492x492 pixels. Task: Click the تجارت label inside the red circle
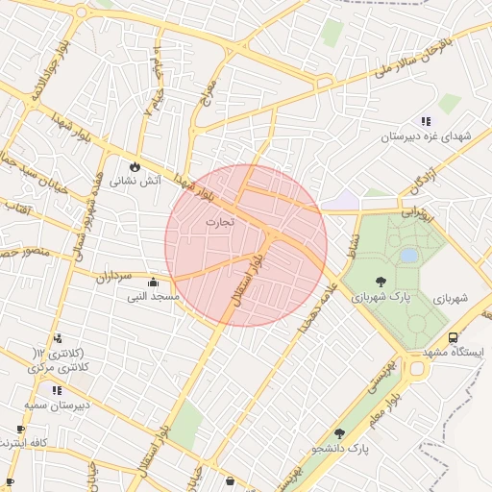tap(219, 222)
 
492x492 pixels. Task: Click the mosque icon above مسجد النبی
tap(154, 283)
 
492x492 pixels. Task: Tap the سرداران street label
tap(111, 277)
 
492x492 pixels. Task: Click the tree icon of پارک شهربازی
tap(381, 283)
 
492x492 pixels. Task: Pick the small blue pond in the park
tap(409, 256)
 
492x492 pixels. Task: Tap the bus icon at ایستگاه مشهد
tap(453, 338)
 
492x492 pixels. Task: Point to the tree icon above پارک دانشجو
tap(338, 433)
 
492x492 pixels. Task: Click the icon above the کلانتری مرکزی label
tap(58, 338)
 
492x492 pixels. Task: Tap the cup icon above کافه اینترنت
tap(20, 430)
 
